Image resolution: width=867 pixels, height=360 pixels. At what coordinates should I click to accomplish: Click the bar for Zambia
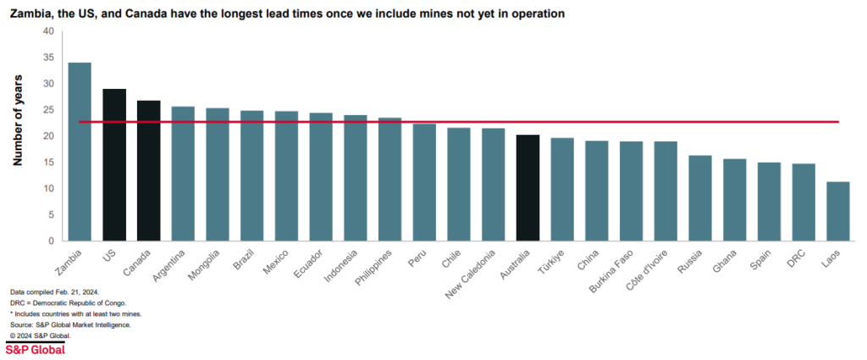pos(80,152)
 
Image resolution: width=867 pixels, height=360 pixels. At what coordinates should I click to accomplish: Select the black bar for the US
pos(114,165)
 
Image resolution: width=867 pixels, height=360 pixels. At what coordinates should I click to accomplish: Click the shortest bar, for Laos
pos(837,212)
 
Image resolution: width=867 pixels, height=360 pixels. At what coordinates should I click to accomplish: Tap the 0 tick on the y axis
pos(50,241)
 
